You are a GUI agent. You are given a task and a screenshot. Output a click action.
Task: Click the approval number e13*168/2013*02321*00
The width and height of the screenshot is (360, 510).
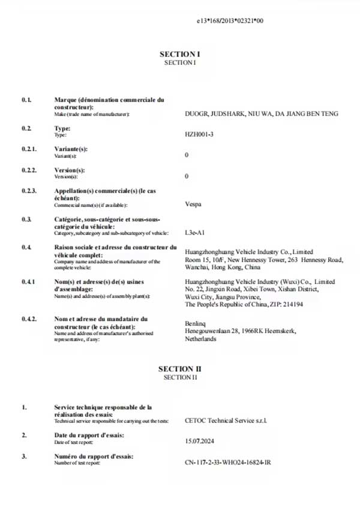230,20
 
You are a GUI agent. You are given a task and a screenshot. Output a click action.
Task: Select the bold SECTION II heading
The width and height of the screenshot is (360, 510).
176,368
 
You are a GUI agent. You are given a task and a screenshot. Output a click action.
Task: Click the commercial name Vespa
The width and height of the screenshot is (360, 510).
194,203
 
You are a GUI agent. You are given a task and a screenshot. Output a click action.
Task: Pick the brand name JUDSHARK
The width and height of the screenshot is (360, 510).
231,113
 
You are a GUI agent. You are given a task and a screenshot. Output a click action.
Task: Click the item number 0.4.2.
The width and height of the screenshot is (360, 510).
29,319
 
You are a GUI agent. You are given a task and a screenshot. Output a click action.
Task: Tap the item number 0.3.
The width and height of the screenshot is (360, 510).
26,219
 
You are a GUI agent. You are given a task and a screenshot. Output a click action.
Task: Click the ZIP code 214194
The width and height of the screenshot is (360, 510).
290,304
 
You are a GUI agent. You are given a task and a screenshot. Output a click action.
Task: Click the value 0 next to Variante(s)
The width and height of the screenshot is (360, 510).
187,155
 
